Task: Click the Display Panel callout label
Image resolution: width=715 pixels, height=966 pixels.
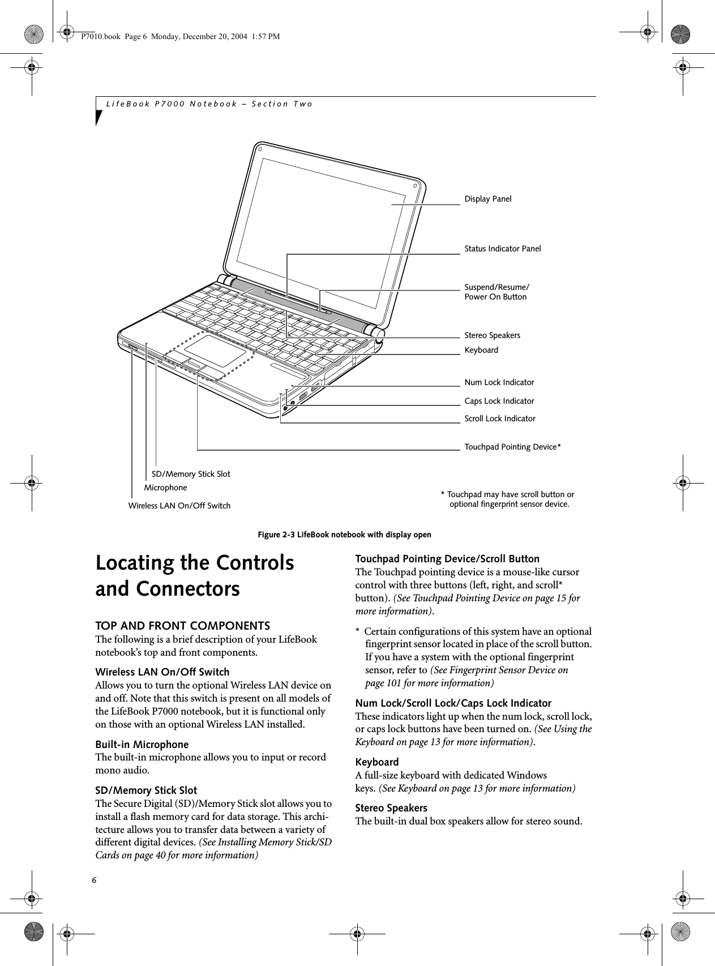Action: pyautogui.click(x=487, y=199)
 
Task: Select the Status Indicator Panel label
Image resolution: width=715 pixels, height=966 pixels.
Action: pyautogui.click(x=502, y=249)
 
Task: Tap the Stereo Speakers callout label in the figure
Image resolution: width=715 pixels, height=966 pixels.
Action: pyautogui.click(x=492, y=335)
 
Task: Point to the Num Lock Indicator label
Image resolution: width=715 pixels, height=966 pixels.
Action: pyautogui.click(x=499, y=382)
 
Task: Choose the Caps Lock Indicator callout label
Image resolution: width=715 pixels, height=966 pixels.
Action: pyautogui.click(x=499, y=401)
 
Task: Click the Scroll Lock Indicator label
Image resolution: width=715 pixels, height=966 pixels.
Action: pyautogui.click(x=499, y=418)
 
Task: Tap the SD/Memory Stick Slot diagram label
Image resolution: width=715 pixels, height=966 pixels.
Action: pyautogui.click(x=191, y=473)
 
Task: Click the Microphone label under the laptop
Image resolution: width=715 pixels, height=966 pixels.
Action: pyautogui.click(x=165, y=488)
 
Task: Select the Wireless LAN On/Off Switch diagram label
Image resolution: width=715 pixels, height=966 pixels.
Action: pyautogui.click(x=179, y=505)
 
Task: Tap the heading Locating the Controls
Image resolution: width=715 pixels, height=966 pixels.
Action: pyautogui.click(x=195, y=563)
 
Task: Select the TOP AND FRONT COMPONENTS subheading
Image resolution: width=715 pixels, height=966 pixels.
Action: pyautogui.click(x=182, y=626)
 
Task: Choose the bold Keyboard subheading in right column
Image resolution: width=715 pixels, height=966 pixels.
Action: pyautogui.click(x=376, y=762)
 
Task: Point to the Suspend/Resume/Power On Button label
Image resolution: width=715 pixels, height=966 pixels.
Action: pyautogui.click(x=496, y=292)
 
